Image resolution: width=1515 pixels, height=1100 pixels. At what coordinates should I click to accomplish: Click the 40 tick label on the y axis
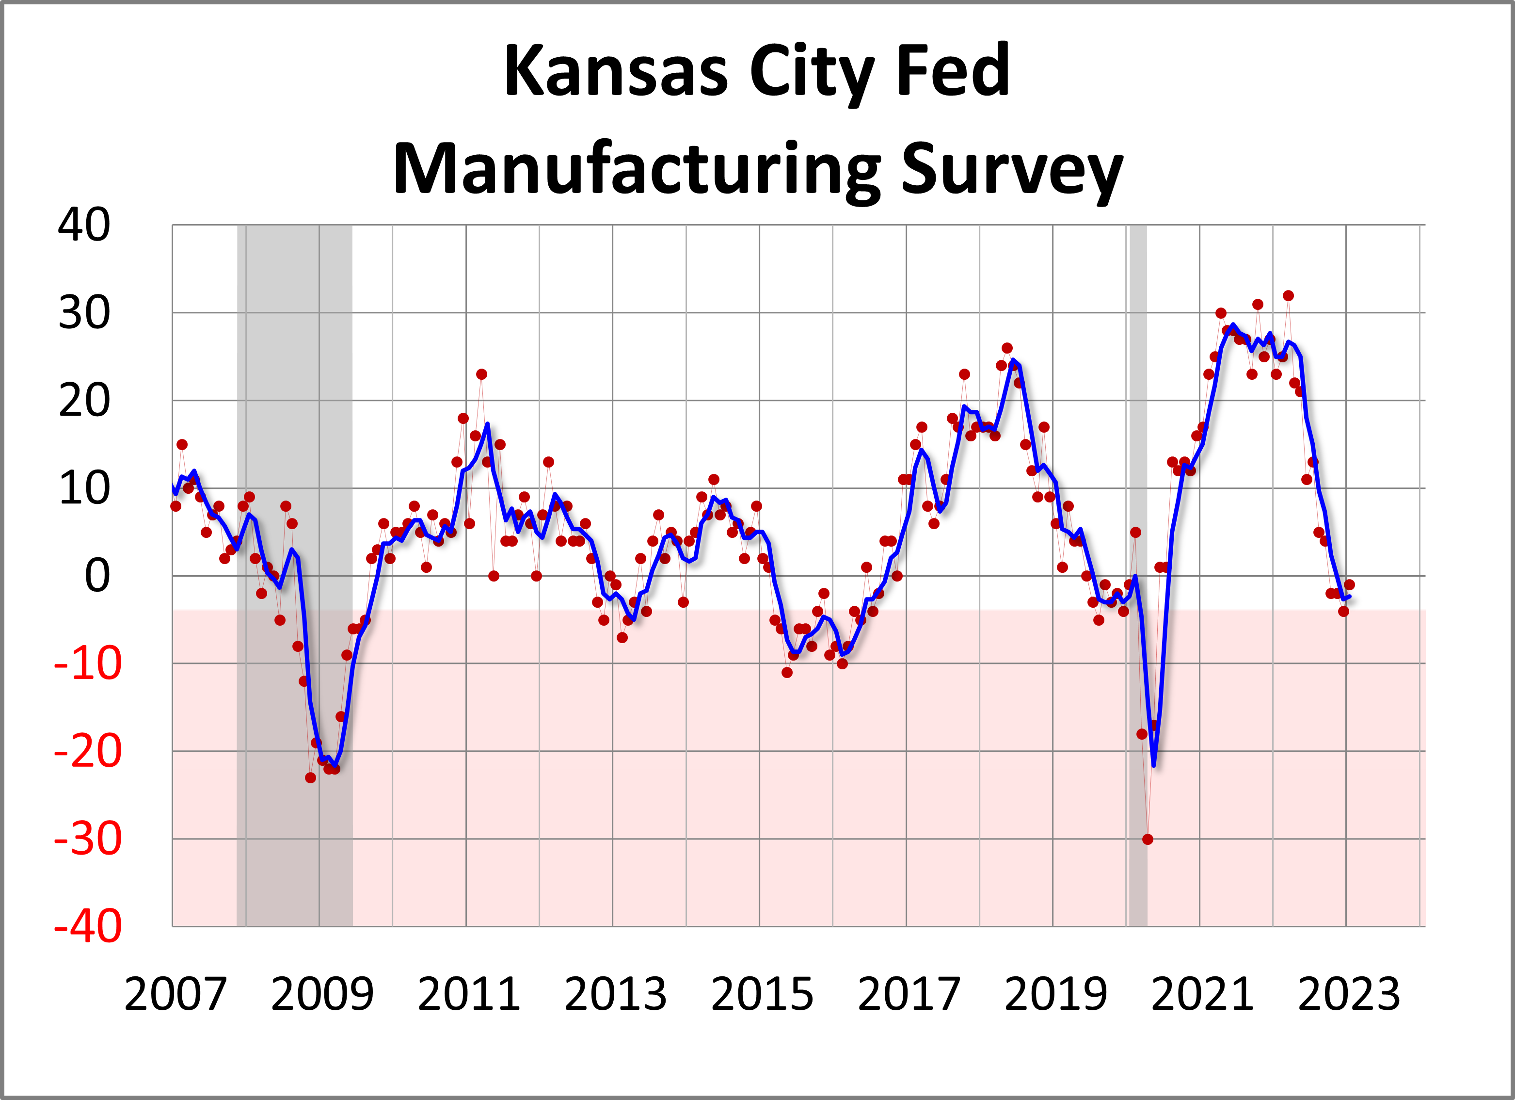tap(83, 225)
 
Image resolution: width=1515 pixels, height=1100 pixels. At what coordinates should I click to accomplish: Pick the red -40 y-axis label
tap(88, 926)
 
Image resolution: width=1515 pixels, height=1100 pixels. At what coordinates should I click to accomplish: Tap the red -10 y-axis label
tap(88, 663)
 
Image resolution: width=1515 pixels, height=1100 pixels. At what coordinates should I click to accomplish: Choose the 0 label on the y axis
tap(97, 576)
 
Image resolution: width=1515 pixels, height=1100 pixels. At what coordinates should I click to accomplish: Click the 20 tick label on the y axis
tap(83, 401)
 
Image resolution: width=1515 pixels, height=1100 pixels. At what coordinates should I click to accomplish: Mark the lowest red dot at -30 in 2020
tap(1148, 840)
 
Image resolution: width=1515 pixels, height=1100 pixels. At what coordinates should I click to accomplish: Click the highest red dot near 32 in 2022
tap(1289, 295)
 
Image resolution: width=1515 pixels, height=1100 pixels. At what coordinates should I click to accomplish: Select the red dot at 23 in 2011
tap(481, 374)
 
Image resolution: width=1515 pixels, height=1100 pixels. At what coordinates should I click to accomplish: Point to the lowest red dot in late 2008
tap(311, 778)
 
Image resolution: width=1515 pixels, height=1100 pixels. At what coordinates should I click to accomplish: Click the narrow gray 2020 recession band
tap(1138, 468)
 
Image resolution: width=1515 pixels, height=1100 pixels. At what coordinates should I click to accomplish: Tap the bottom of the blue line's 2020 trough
tap(1154, 765)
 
